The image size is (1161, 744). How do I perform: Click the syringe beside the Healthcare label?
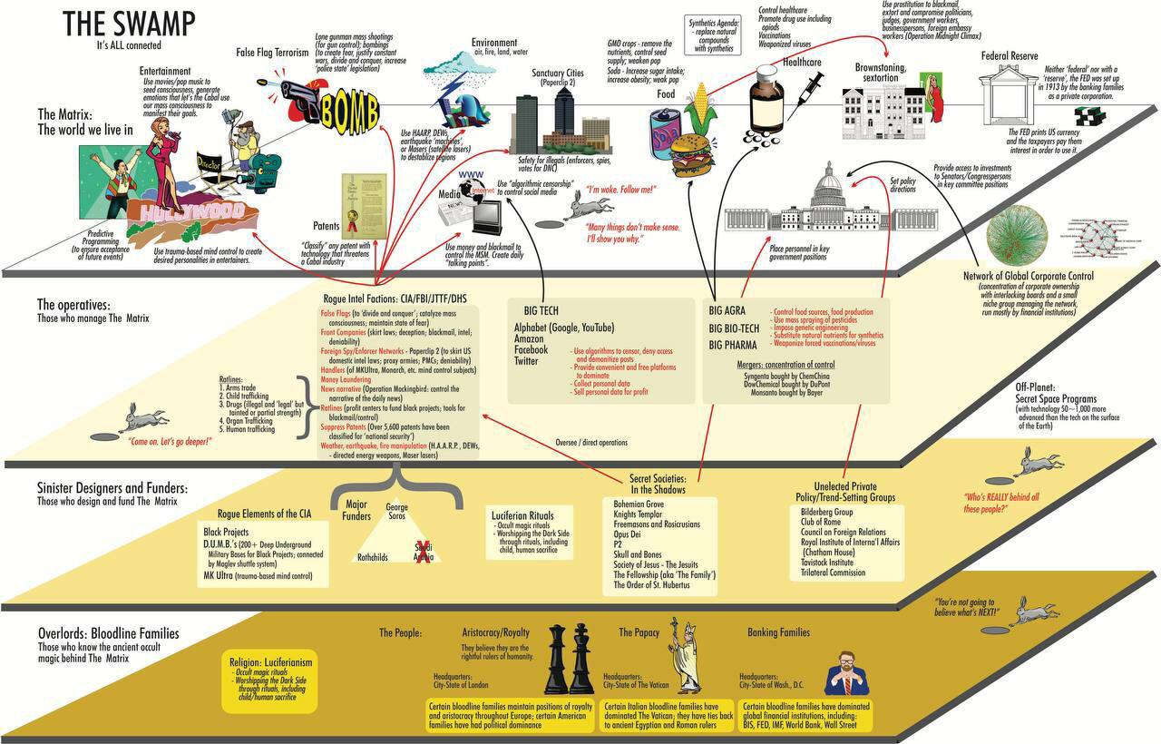point(808,91)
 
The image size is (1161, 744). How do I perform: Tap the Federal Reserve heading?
point(1010,56)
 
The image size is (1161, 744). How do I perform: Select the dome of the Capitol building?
point(830,183)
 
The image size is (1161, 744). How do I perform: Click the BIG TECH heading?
point(536,310)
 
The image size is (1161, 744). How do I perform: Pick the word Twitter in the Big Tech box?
point(527,361)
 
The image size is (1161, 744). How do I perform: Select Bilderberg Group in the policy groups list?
point(821,513)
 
